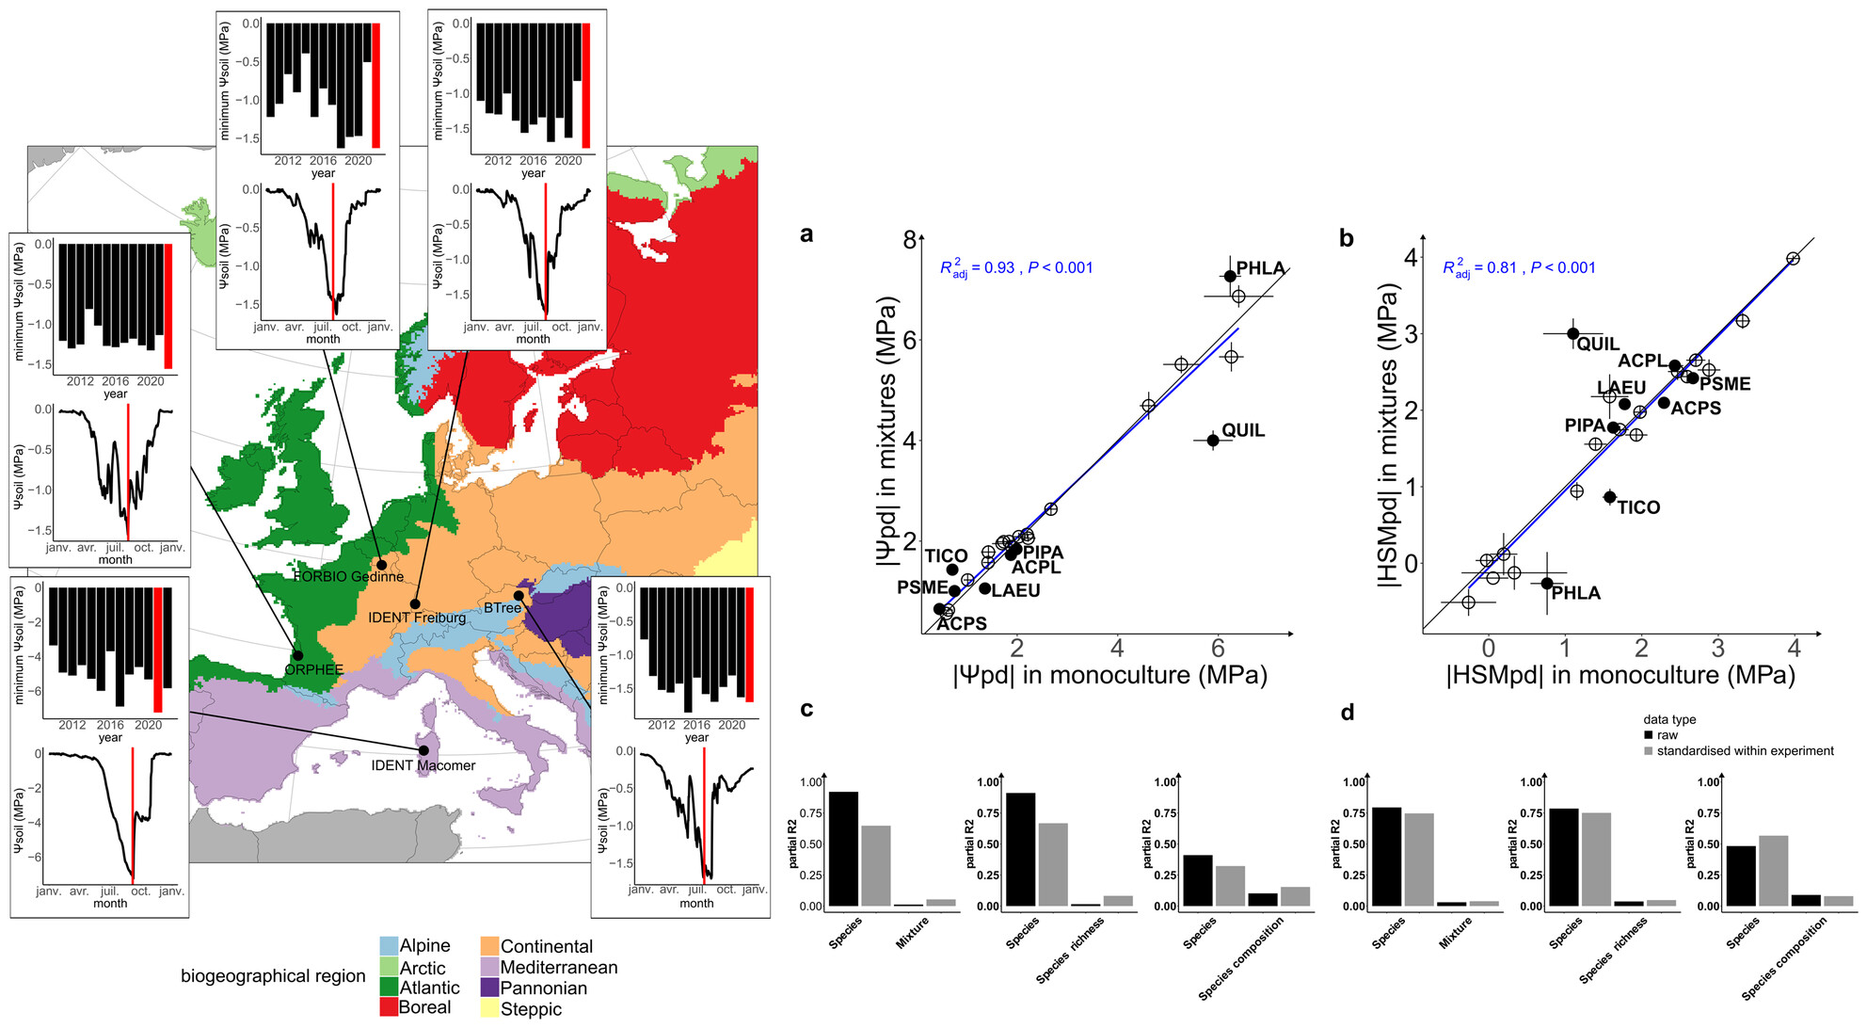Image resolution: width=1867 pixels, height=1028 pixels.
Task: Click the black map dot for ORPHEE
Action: pyautogui.click(x=297, y=655)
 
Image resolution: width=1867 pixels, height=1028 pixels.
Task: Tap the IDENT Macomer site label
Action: pyautogui.click(x=423, y=765)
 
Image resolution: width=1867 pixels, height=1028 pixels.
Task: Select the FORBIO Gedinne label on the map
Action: pyautogui.click(x=348, y=576)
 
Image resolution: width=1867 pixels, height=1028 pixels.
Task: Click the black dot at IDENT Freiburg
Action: pyautogui.click(x=415, y=604)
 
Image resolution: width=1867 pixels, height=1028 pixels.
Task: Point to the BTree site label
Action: pyautogui.click(x=502, y=608)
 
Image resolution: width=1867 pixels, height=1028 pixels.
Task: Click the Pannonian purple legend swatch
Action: pyautogui.click(x=489, y=988)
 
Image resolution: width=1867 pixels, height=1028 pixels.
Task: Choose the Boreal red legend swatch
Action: pyautogui.click(x=388, y=1007)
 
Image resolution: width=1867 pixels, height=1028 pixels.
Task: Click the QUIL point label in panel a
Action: pyautogui.click(x=1242, y=430)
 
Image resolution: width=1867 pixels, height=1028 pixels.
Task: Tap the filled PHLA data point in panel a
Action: pyautogui.click(x=1230, y=276)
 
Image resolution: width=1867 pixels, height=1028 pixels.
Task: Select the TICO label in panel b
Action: pyautogui.click(x=1638, y=507)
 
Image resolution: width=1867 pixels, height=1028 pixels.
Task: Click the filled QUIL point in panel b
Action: pyautogui.click(x=1573, y=333)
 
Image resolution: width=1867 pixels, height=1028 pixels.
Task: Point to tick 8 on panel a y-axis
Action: pyautogui.click(x=909, y=240)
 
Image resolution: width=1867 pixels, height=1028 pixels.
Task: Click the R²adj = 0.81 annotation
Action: pyautogui.click(x=1519, y=268)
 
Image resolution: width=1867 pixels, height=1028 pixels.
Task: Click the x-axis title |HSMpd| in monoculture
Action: pyautogui.click(x=1620, y=675)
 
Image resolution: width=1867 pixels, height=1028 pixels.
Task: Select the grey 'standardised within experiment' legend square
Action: pyautogui.click(x=1649, y=751)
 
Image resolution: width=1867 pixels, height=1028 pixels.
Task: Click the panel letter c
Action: pyautogui.click(x=806, y=709)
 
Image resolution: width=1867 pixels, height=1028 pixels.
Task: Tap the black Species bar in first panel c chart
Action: pyautogui.click(x=843, y=848)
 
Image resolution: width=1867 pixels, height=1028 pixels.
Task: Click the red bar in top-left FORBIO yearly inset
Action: pyautogui.click(x=376, y=85)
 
